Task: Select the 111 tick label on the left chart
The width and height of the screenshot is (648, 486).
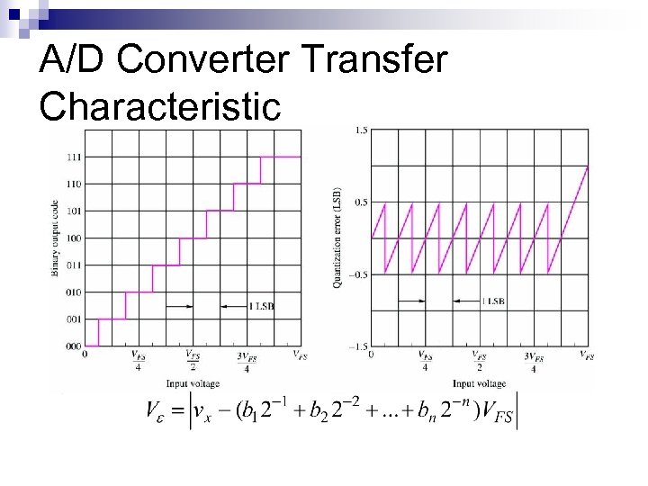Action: point(73,157)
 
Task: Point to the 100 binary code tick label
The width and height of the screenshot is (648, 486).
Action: point(73,238)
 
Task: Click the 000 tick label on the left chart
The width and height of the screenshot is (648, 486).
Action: point(73,346)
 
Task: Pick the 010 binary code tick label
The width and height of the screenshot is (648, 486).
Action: point(73,292)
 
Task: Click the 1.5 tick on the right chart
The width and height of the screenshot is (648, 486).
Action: point(360,130)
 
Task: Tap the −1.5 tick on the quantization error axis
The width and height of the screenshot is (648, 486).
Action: point(357,346)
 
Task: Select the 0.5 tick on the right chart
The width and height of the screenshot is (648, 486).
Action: point(360,202)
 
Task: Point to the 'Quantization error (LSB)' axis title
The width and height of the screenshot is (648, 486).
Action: point(337,238)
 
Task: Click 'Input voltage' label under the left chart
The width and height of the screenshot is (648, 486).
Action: point(192,383)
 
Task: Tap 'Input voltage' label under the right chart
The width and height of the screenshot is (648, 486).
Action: point(479,383)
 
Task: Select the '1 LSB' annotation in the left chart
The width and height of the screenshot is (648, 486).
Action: point(261,306)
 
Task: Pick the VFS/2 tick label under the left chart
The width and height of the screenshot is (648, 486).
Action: point(192,361)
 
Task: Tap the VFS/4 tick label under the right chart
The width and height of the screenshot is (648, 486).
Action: point(425,361)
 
